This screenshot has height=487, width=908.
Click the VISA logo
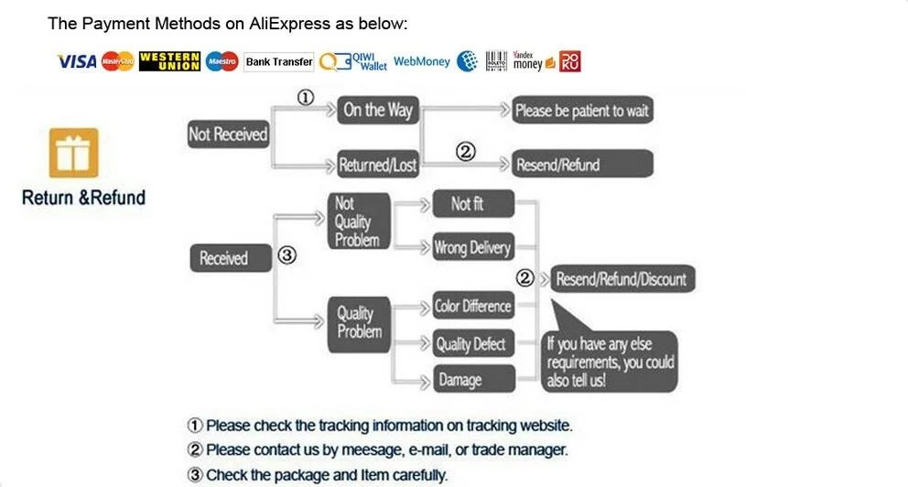pos(77,61)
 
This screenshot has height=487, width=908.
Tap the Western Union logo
pos(169,61)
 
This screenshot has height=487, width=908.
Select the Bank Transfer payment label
pos(279,62)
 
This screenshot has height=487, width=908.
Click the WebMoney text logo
pos(422,62)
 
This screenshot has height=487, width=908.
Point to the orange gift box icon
pos(72,153)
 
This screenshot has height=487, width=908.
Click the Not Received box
pos(228,135)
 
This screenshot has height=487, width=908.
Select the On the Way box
pos(378,111)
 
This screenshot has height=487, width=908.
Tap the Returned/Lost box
pos(377,165)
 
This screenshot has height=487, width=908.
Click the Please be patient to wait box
pos(581,111)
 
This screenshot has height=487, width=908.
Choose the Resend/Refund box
pos(581,165)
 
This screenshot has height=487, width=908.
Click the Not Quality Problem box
pos(359,221)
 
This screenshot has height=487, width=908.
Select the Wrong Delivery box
pos(471,247)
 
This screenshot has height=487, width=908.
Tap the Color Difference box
pos(472,306)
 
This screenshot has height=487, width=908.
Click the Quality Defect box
pos(471,344)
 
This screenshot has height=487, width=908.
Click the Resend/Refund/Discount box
pos(622,278)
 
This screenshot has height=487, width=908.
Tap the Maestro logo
pos(222,62)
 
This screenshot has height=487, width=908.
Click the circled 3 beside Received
pos(286,256)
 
